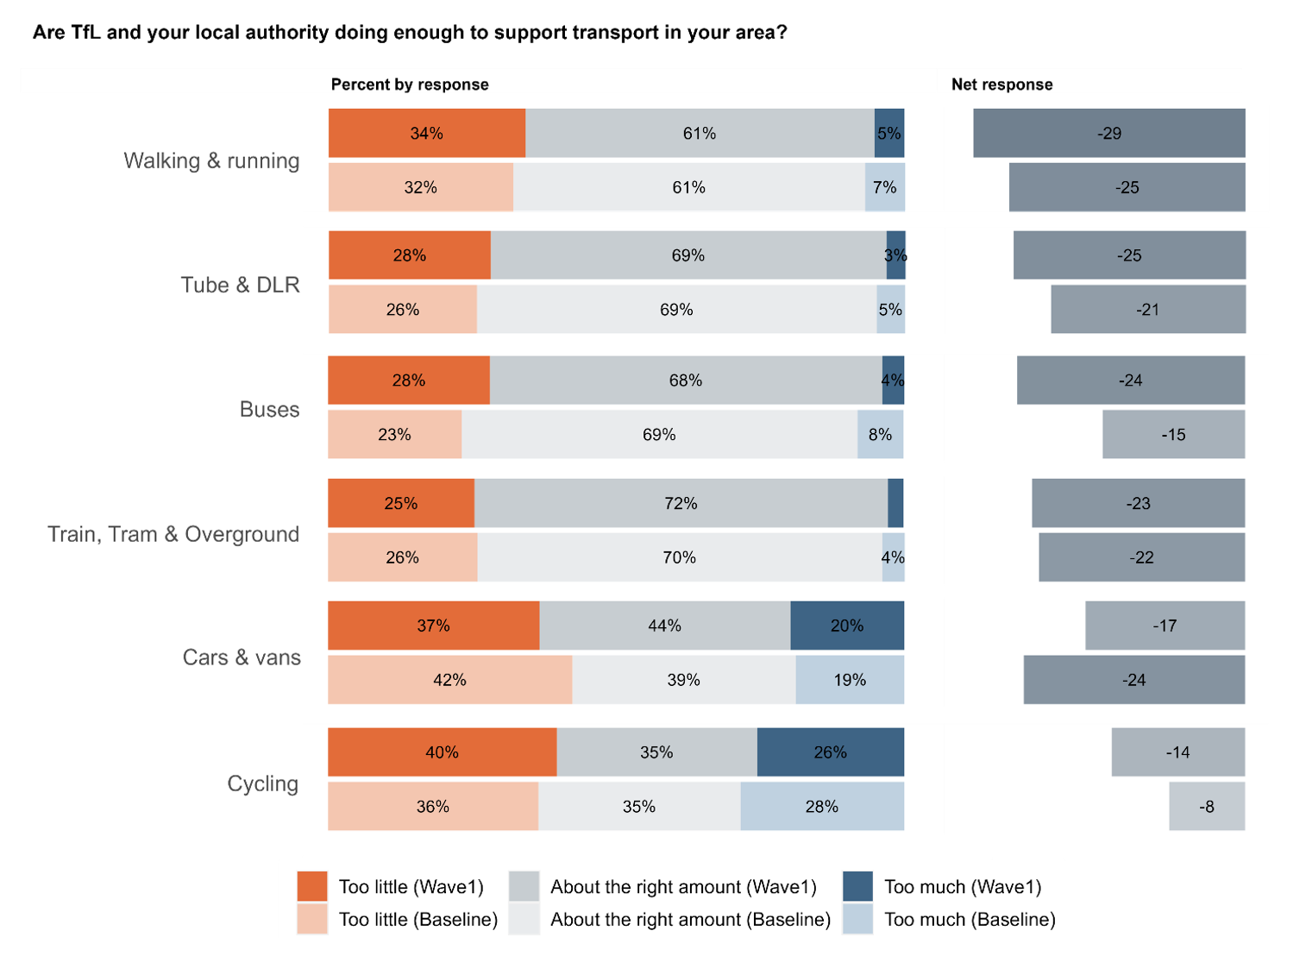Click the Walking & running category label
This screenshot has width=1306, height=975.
[x=211, y=161]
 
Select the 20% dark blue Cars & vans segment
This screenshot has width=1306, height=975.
[x=846, y=626]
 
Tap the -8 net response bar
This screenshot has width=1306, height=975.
[x=1206, y=807]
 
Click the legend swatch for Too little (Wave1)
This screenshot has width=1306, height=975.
[x=312, y=886]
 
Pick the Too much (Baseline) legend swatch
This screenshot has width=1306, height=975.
[x=857, y=919]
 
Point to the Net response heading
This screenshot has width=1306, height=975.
[x=1001, y=85]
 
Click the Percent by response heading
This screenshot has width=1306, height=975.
[x=410, y=85]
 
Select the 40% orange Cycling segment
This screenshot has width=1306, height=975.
[x=442, y=752]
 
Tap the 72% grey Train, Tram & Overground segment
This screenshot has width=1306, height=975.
[x=681, y=503]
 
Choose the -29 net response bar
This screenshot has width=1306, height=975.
[x=1108, y=134]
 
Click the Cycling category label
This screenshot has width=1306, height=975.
[x=262, y=783]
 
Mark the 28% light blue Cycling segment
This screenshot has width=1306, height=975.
[x=821, y=807]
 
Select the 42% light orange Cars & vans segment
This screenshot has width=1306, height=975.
[x=449, y=680]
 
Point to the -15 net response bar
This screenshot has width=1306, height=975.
[x=1173, y=435]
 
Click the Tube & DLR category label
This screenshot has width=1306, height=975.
[x=240, y=285]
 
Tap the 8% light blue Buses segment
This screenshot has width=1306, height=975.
[x=880, y=435]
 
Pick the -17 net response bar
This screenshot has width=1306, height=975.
[x=1165, y=626]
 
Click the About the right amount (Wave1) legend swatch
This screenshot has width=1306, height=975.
[x=524, y=886]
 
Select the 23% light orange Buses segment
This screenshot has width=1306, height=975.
[x=394, y=435]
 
